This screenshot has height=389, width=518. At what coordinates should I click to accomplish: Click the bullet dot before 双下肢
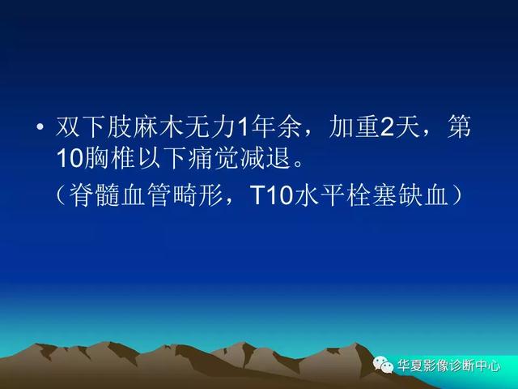[x=40, y=126]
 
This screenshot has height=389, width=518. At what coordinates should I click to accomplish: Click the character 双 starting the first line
[x=68, y=126]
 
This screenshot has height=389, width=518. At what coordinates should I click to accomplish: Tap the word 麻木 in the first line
[x=157, y=126]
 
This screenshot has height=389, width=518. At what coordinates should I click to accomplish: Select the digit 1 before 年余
[x=242, y=127]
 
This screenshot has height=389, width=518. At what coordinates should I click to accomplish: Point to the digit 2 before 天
[x=387, y=127]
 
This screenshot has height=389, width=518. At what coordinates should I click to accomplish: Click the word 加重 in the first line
[x=355, y=126]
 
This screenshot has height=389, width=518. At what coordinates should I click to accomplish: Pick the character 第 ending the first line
[x=459, y=126]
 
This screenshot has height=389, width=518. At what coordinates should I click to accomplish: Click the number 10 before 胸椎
[x=70, y=159]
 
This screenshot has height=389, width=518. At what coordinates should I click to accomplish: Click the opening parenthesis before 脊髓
[x=62, y=194]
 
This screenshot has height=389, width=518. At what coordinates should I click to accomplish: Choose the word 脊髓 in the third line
[x=95, y=194]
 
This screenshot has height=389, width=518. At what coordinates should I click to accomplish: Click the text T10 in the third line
[x=272, y=195]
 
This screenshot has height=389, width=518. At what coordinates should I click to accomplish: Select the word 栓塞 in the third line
[x=372, y=194]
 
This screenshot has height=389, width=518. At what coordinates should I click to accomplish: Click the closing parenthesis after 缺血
[x=456, y=194]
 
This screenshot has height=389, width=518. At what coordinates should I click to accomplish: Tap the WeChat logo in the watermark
[x=383, y=365]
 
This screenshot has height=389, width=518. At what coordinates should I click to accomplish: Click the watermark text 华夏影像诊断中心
[x=448, y=365]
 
